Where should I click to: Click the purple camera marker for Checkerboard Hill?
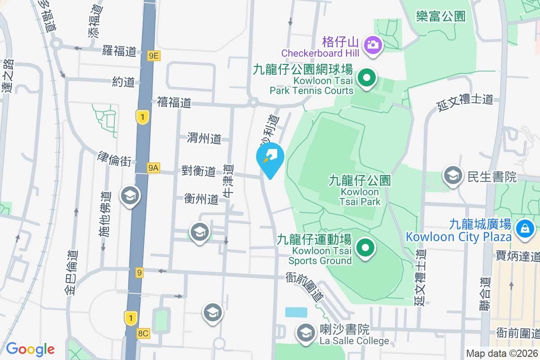click(x=373, y=44)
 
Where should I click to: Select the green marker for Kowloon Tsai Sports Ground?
click(x=365, y=247)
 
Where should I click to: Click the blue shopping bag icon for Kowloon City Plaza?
click(x=525, y=227)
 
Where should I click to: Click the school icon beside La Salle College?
click(x=306, y=333)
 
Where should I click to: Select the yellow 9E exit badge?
click(x=153, y=55)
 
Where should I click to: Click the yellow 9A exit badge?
click(x=153, y=168)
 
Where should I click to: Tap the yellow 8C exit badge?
click(x=143, y=333)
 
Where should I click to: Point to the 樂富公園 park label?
click(x=441, y=17)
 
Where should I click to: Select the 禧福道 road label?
click(x=175, y=103)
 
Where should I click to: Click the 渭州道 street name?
click(x=204, y=139)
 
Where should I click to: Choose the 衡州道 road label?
click(x=201, y=198)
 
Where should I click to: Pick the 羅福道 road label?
click(x=119, y=51)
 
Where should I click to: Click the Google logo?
click(x=30, y=349)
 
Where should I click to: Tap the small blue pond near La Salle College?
click(x=296, y=312)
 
